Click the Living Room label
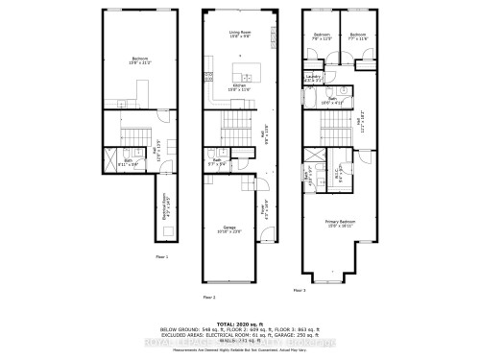pyautogui.click(x=239, y=35)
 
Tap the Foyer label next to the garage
pyautogui.click(x=265, y=204)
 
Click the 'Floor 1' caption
pyautogui.click(x=161, y=257)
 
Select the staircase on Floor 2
pyautogui.click(x=237, y=124)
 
